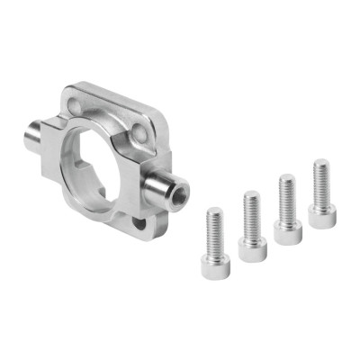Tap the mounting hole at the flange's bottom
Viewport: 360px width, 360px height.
pyautogui.click(x=139, y=220)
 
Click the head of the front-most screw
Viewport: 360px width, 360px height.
pyautogui.click(x=216, y=265)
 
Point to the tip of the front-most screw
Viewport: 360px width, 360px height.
pyautogui.click(x=213, y=211)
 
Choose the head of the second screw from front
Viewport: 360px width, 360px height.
pyautogui.click(x=253, y=247)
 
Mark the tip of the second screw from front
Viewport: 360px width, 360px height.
pyautogui.click(x=250, y=193)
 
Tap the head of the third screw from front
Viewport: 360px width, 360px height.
pyautogui.click(x=288, y=232)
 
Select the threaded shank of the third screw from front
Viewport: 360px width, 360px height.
pyautogui.click(x=287, y=200)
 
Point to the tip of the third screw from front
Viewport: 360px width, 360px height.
pyautogui.click(x=286, y=178)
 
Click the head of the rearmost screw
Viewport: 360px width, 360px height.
pyautogui.click(x=322, y=214)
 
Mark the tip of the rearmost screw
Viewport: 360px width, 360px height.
pyautogui.click(x=320, y=162)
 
